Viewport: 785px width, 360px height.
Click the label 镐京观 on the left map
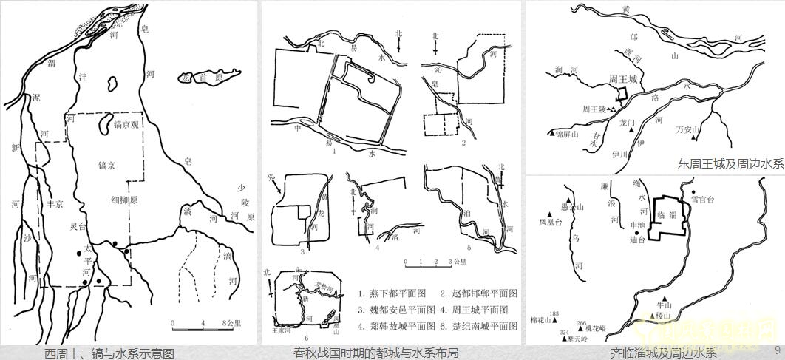click(126, 126)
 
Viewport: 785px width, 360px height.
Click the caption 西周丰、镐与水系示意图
click(109, 353)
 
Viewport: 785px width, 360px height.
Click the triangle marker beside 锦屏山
click(549, 133)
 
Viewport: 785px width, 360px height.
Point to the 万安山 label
click(687, 130)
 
